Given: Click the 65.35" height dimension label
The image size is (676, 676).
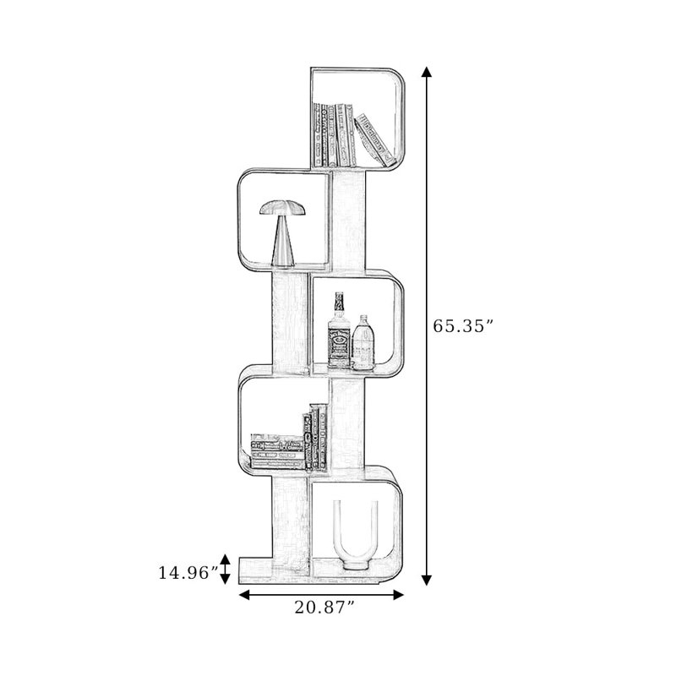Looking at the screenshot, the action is (x=462, y=326).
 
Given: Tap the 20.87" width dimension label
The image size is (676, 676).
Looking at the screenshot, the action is (x=324, y=608).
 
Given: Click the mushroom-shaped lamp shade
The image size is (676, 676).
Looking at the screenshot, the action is (x=283, y=208).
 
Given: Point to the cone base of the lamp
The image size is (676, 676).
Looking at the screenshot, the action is (x=283, y=242).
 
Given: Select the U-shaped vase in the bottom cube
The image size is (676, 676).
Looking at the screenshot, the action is (x=356, y=536).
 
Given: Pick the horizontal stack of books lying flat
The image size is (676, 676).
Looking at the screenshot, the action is (x=278, y=452).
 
